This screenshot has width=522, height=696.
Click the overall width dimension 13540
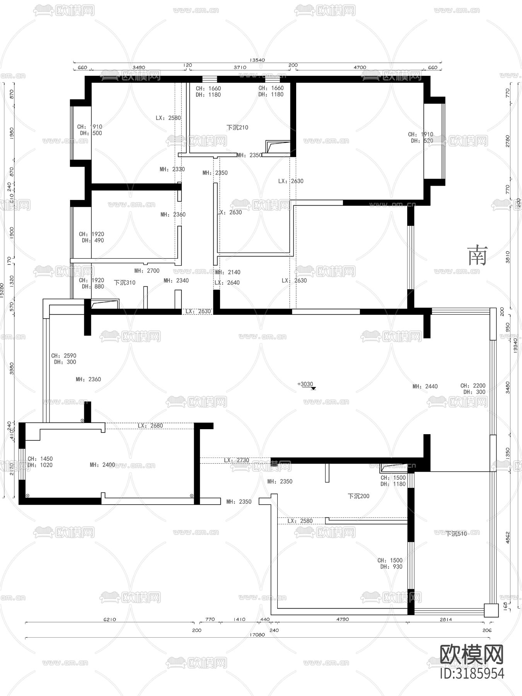[257, 60]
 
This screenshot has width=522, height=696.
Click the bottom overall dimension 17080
[257, 635]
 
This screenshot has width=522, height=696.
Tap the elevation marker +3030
[305, 384]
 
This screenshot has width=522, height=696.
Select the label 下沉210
[237, 127]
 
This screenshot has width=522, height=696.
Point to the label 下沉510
[456, 534]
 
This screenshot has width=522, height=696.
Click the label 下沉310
[125, 283]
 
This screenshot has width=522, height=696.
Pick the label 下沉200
[358, 496]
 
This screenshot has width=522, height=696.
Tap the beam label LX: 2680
[150, 426]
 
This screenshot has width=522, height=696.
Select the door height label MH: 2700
[147, 271]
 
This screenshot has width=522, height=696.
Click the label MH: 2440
[425, 386]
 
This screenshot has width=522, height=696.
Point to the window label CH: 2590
[64, 356]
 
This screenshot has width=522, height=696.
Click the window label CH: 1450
[40, 459]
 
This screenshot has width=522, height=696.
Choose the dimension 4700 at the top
[360, 67]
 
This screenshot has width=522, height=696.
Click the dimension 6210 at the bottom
[109, 619]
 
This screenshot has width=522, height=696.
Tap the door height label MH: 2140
[228, 272]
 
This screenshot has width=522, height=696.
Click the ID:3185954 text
[472, 673]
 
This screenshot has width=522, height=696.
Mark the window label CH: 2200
[473, 386]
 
